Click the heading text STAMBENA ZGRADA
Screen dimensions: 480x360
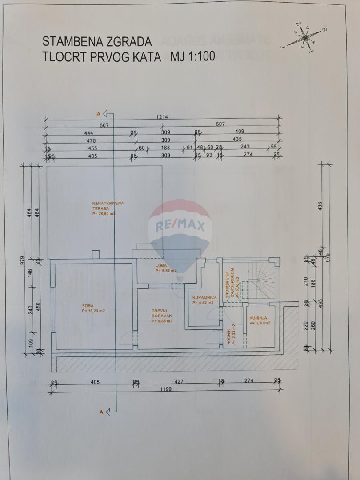point(97,42)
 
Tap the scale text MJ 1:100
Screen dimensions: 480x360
point(192,56)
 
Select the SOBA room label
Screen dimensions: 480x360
point(88,305)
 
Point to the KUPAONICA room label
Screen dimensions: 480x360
point(204,297)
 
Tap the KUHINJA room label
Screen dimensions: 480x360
point(258,318)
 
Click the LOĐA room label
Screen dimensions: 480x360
point(161,265)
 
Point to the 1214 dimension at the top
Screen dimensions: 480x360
point(162,117)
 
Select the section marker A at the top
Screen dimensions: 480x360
point(99,114)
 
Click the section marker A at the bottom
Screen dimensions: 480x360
point(101,412)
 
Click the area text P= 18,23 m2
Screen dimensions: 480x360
point(93,311)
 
